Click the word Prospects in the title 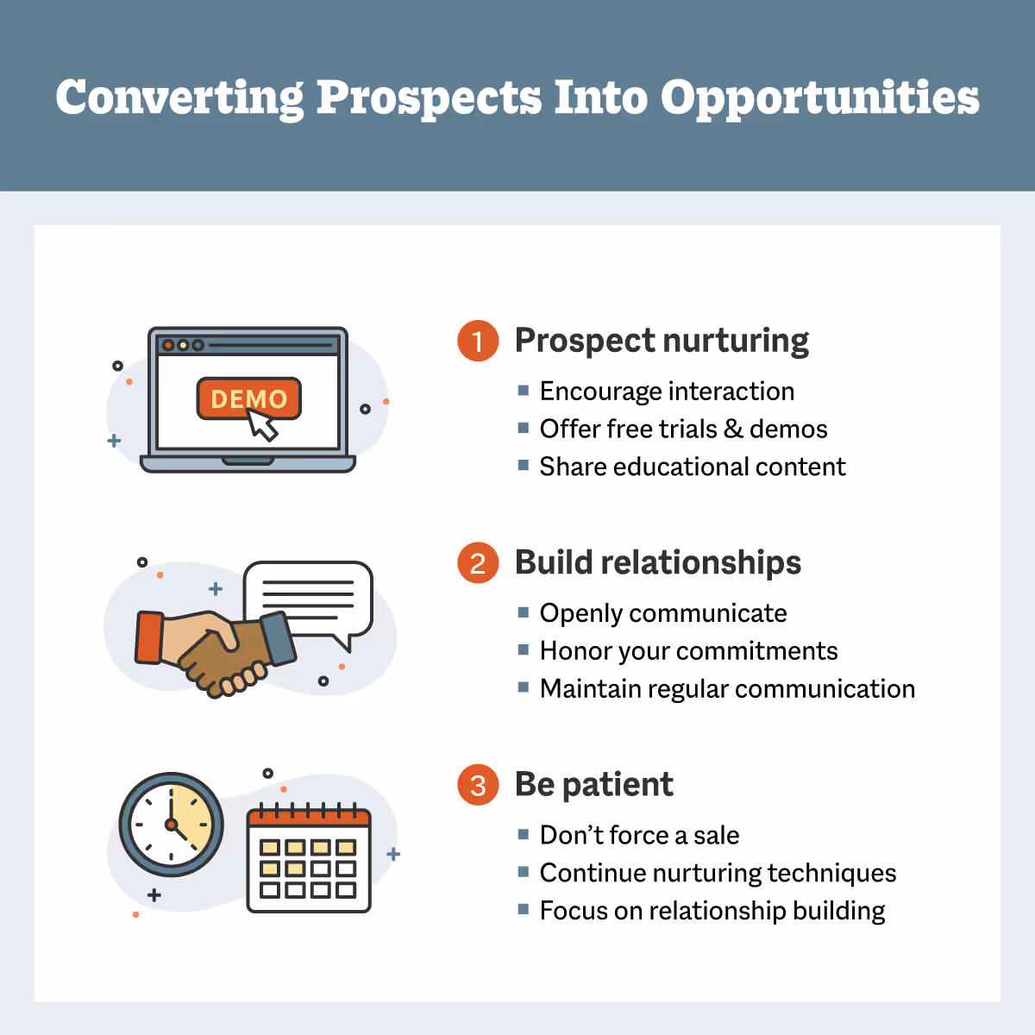click(x=429, y=98)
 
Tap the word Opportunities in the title click(x=819, y=98)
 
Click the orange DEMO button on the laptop click(x=248, y=398)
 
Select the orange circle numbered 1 click(x=478, y=341)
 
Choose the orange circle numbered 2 click(x=478, y=563)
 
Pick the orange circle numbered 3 click(x=478, y=785)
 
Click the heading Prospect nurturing click(x=662, y=341)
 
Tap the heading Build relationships click(x=658, y=562)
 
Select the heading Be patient click(x=594, y=784)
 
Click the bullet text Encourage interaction click(x=667, y=392)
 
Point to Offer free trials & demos click(x=683, y=430)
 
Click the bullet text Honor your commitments click(x=688, y=651)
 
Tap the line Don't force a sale click(x=639, y=835)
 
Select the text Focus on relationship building click(x=712, y=911)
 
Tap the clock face click(x=171, y=825)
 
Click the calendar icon click(x=309, y=860)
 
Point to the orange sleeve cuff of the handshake click(x=149, y=637)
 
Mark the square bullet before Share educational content click(x=523, y=466)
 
